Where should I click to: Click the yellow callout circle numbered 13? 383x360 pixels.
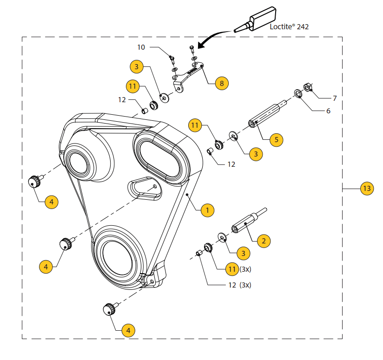367,189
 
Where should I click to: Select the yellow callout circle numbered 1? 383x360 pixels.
207,210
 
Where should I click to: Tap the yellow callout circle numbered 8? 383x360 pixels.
222,84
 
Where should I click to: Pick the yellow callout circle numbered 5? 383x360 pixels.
276,139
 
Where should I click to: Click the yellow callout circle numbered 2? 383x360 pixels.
264,241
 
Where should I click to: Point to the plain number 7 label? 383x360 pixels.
334,98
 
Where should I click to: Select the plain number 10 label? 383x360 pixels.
141,47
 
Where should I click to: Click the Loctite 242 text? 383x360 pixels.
289,27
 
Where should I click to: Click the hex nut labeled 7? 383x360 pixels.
307,87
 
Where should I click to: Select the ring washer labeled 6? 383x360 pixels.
297,94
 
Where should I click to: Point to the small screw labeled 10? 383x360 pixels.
172,59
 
